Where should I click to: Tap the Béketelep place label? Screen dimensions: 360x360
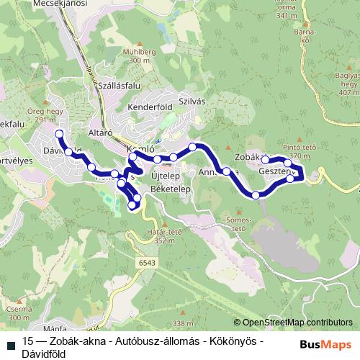click(x=169, y=189)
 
